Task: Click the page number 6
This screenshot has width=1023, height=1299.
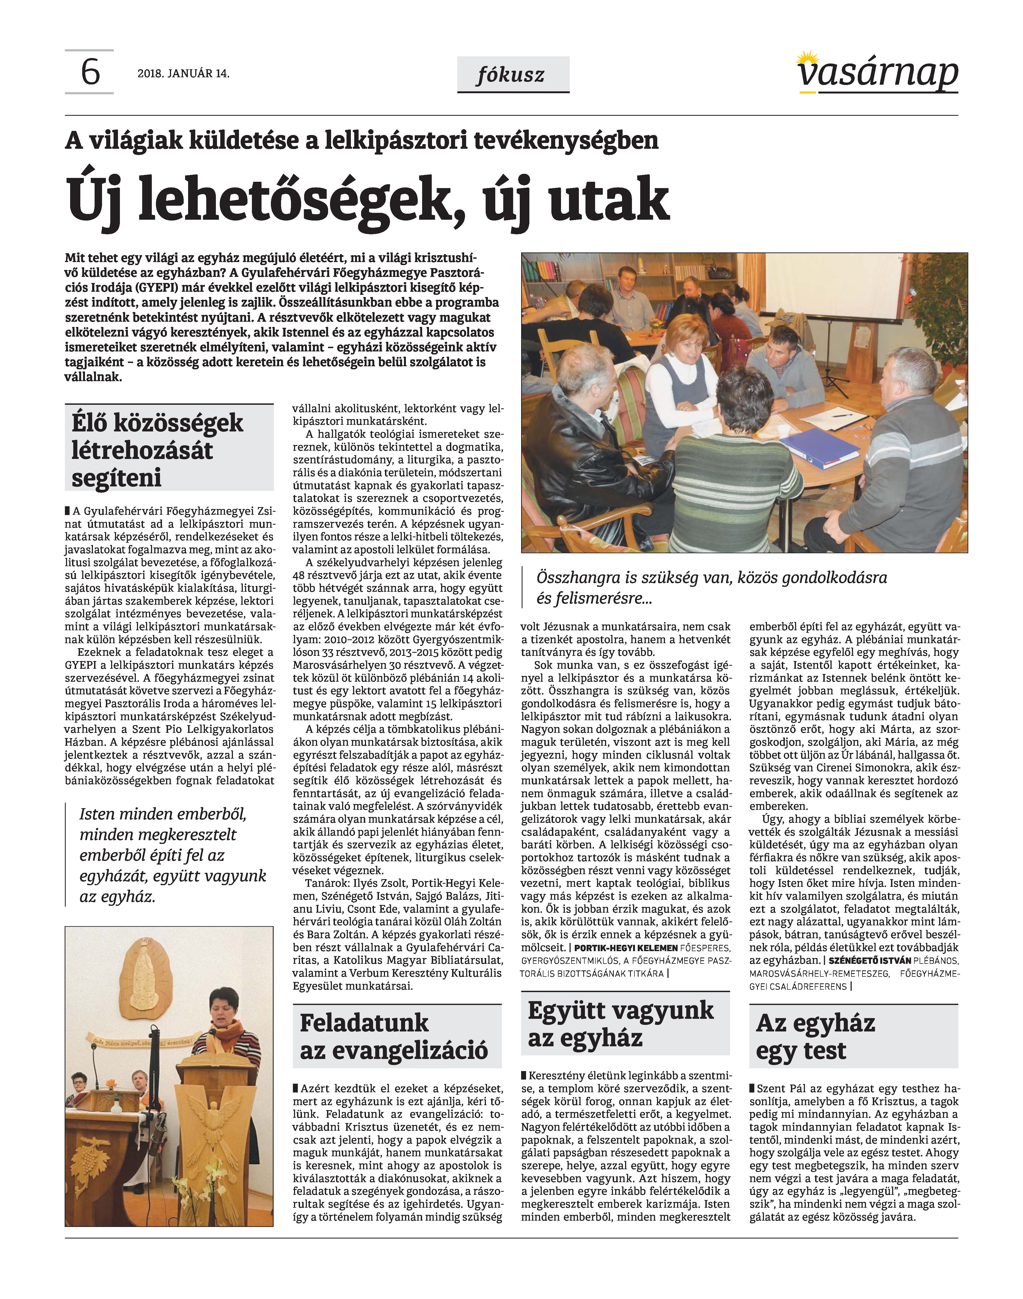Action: click(x=90, y=73)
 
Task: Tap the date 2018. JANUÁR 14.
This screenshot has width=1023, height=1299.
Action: click(x=183, y=74)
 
